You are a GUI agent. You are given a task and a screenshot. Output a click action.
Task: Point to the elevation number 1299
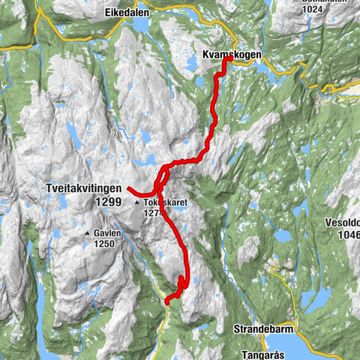[108, 202]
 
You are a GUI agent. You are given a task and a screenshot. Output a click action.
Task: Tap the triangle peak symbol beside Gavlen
[88, 232]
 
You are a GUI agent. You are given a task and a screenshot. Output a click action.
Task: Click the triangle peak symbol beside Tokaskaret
[136, 203]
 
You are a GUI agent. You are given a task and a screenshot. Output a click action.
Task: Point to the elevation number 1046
[347, 234]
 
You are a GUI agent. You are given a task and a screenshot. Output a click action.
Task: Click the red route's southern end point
[166, 301]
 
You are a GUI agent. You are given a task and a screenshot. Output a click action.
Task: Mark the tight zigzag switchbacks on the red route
[181, 283]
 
